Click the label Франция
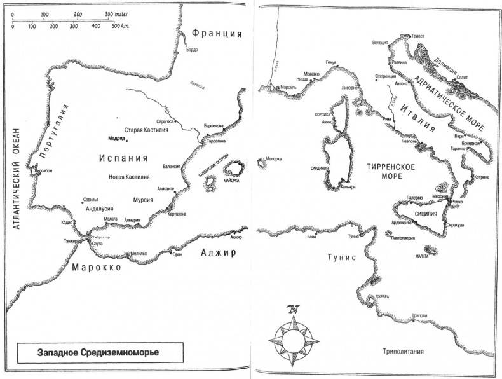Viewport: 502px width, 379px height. coord(217,34)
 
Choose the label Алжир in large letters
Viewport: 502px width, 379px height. coord(218,253)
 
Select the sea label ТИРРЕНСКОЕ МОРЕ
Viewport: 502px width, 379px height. coord(391,171)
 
